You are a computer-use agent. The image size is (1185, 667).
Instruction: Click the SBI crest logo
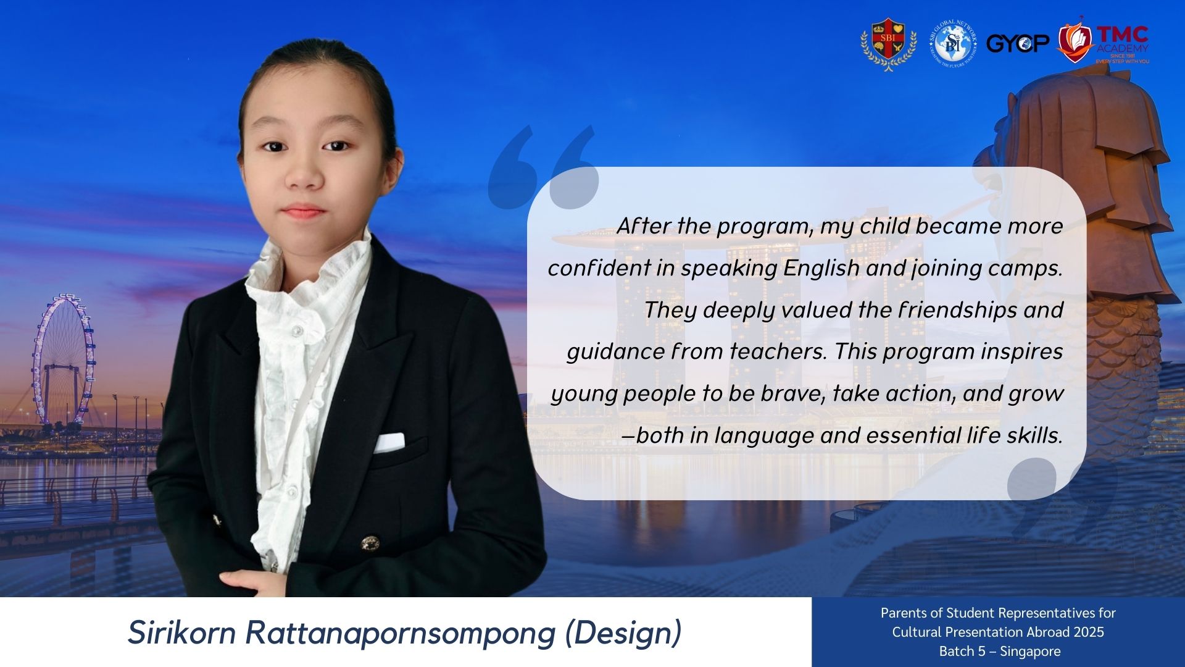[x=888, y=44]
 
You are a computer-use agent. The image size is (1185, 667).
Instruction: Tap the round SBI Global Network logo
[x=953, y=43]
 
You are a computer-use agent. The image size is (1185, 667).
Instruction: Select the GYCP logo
[x=1018, y=43]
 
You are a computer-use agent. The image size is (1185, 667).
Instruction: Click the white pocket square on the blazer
[x=389, y=442]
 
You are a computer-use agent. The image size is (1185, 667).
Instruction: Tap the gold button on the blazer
[x=369, y=543]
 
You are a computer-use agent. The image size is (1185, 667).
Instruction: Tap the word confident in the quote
[x=599, y=268]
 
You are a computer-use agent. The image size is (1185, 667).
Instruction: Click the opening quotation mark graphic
[x=543, y=167]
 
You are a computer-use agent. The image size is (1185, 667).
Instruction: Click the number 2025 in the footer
[x=1088, y=632]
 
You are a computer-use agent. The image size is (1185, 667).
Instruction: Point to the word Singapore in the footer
[x=1031, y=652]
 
